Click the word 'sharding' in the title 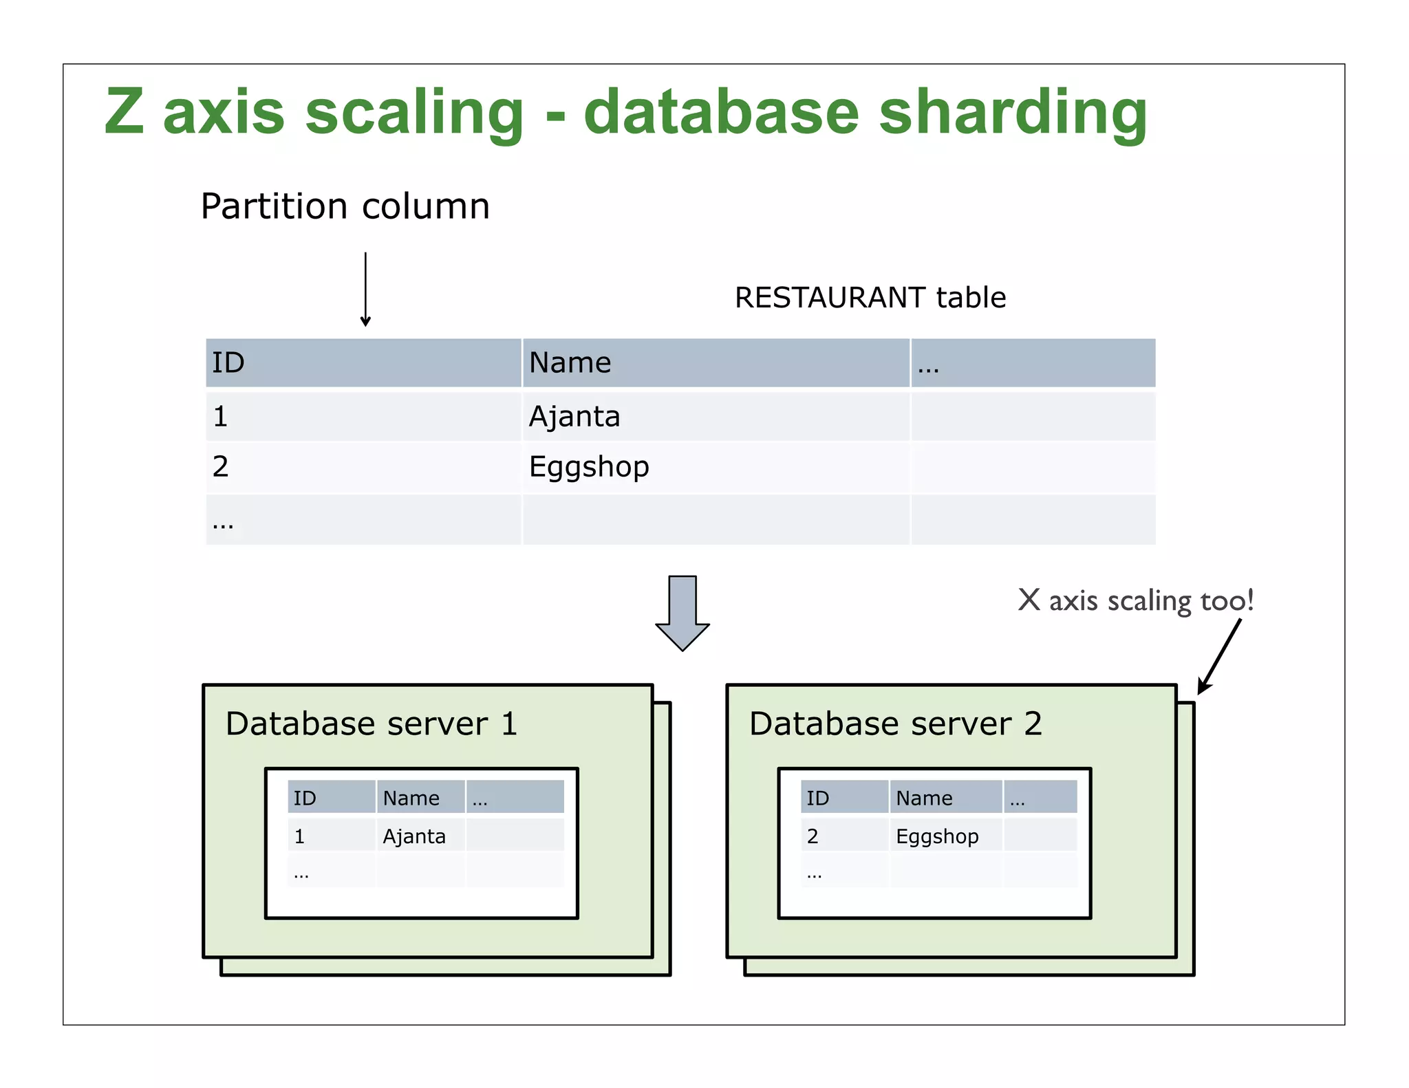(1013, 113)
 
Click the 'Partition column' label (345, 206)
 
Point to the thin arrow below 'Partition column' (365, 289)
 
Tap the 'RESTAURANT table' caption (870, 298)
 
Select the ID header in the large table (228, 362)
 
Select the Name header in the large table (570, 362)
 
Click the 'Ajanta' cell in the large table (574, 417)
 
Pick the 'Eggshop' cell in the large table (589, 467)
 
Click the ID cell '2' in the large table (220, 467)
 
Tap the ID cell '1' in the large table (220, 417)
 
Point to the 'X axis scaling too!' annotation (1135, 600)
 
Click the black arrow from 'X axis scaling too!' (1220, 656)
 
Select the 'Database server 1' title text (372, 723)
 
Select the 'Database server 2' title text (895, 723)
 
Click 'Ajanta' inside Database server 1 (414, 836)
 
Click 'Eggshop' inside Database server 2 (937, 836)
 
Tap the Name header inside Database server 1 (411, 798)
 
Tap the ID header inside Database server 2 (817, 798)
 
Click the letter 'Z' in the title (125, 112)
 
